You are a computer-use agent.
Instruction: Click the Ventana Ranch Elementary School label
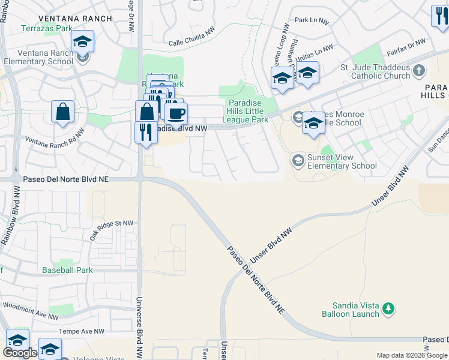[38, 57]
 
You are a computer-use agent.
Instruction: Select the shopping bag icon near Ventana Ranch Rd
[63, 112]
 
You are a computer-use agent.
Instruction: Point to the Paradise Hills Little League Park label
[248, 112]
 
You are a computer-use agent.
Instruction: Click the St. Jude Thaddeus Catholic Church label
[375, 72]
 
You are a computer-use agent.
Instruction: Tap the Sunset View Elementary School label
[342, 161]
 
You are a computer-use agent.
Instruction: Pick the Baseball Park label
[67, 270]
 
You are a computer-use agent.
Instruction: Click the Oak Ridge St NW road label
[111, 230]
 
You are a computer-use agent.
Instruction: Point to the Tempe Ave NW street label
[82, 331]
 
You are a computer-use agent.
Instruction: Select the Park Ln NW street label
[313, 21]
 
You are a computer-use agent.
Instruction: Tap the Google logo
[20, 353]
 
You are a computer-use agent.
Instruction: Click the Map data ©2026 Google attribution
[412, 355]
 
